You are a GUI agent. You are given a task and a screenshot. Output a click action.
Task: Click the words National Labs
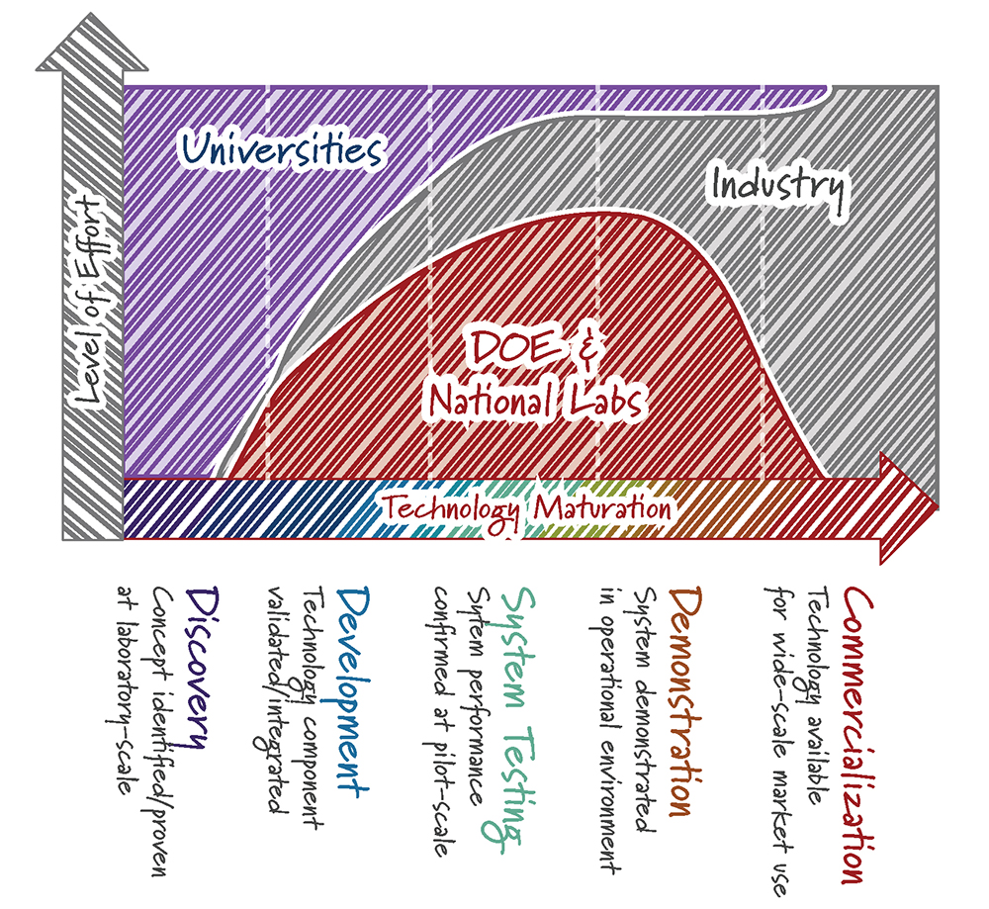pyautogui.click(x=536, y=402)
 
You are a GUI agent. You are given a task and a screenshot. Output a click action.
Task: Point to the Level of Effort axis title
pyautogui.click(x=89, y=300)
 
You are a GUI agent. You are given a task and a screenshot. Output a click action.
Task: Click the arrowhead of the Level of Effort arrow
pyautogui.click(x=92, y=42)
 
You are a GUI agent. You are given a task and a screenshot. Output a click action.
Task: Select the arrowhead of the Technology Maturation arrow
pyautogui.click(x=909, y=508)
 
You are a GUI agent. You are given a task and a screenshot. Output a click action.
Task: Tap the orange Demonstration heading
pyautogui.click(x=685, y=701)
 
